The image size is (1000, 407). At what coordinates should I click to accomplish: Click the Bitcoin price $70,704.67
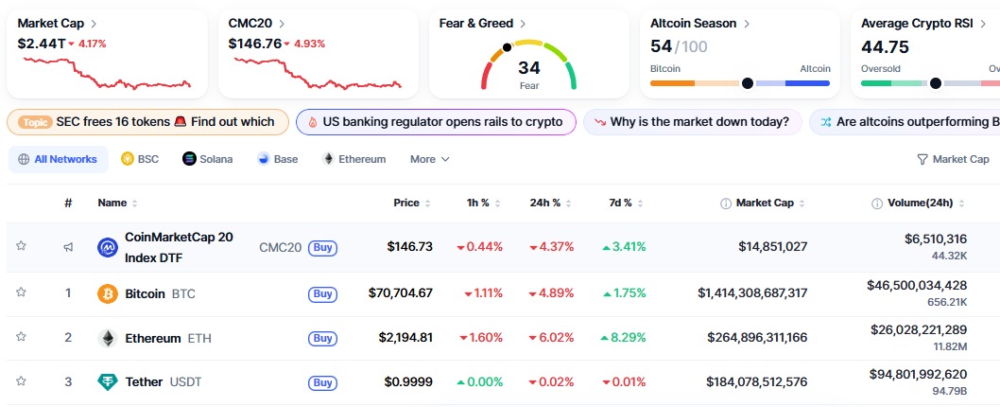[x=400, y=293]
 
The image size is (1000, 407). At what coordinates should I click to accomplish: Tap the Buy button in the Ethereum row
[x=322, y=338]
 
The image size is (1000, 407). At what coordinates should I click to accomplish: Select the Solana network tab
[x=208, y=159]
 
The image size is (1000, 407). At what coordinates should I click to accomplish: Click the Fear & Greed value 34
[x=529, y=68]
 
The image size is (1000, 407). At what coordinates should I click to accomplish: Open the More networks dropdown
[x=429, y=159]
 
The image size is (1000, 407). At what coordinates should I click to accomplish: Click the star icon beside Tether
[x=21, y=381]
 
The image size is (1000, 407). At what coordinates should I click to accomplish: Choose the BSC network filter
[x=140, y=159]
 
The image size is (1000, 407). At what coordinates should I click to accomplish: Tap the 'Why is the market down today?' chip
[x=693, y=122]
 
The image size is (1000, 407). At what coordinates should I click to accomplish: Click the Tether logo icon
[x=108, y=381]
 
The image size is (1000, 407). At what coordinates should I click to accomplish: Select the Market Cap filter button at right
[x=953, y=159]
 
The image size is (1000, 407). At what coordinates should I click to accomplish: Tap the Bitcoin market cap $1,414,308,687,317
[x=752, y=293]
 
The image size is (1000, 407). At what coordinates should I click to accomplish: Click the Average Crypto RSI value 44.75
[x=885, y=46]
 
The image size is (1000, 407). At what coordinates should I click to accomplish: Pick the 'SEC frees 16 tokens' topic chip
[x=147, y=122]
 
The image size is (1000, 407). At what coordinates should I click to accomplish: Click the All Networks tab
[x=58, y=159]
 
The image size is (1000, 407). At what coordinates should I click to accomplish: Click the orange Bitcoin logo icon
[x=108, y=293]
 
